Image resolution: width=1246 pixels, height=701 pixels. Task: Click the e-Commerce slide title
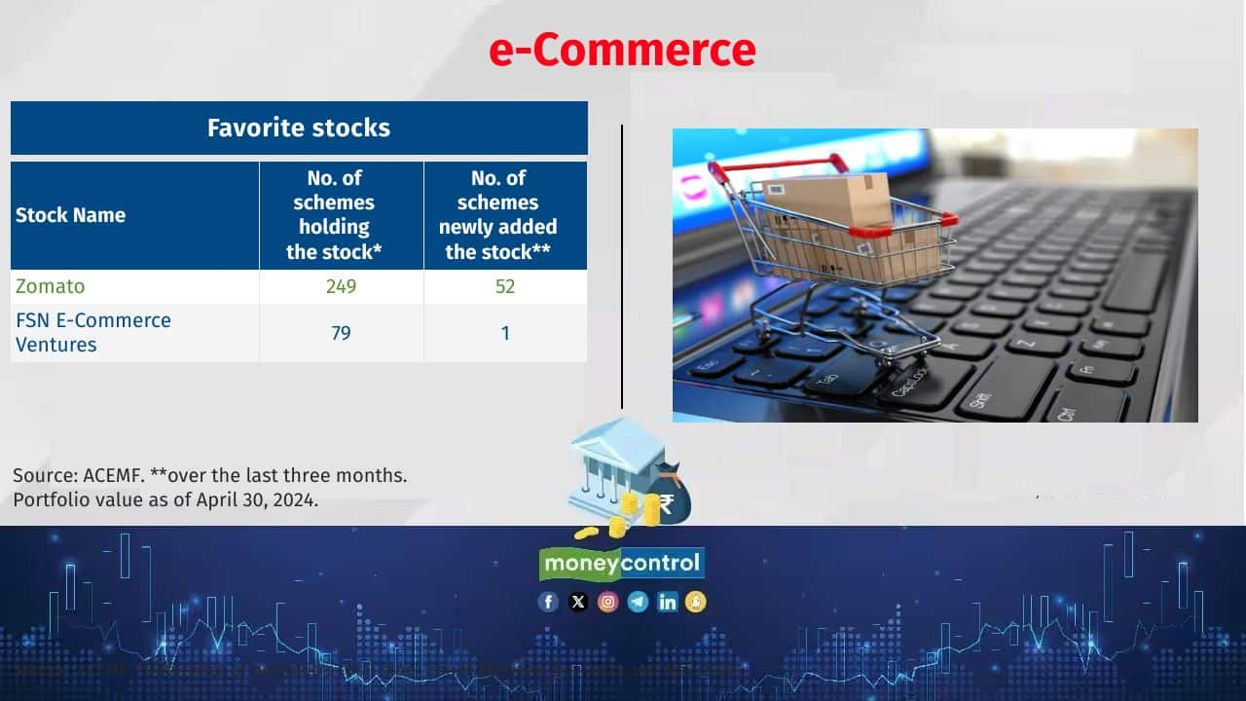(622, 51)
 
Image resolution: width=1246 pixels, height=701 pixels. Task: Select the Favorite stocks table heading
(299, 128)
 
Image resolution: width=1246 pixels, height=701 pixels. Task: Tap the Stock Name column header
(70, 215)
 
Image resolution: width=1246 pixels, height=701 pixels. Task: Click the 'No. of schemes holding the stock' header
(334, 215)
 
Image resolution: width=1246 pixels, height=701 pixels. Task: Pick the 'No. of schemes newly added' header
(497, 215)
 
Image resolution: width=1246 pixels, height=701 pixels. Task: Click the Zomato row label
(51, 286)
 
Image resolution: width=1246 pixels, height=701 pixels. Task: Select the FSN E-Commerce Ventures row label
(93, 332)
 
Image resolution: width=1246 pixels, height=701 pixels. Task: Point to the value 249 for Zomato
(341, 286)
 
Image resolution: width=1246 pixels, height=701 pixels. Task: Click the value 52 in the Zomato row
(504, 286)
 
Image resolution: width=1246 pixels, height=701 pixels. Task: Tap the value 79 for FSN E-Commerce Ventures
(341, 333)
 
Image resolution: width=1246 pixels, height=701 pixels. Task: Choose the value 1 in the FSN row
(504, 333)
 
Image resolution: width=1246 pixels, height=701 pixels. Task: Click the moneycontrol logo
(622, 564)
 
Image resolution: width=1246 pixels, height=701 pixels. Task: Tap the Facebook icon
(549, 602)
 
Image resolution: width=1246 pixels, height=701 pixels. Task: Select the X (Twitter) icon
(578, 602)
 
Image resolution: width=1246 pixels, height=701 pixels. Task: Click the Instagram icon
(608, 602)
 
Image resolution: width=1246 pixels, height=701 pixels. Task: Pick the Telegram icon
(638, 602)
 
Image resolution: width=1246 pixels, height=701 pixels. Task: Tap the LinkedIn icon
(668, 602)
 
